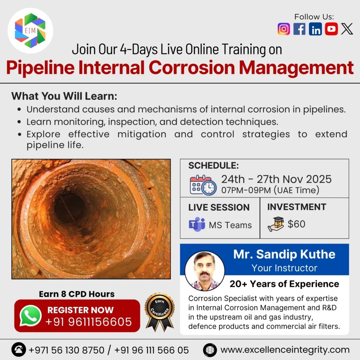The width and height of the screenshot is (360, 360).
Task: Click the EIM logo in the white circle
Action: click(x=30, y=31)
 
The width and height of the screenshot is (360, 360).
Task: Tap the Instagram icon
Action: click(x=284, y=29)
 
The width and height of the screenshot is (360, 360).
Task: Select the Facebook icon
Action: click(x=300, y=29)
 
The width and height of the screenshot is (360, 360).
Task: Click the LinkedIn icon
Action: click(x=315, y=29)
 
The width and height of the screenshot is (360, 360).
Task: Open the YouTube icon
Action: click(x=331, y=29)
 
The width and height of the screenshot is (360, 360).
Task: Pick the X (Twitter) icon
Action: click(x=347, y=29)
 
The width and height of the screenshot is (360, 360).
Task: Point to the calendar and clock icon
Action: click(x=203, y=185)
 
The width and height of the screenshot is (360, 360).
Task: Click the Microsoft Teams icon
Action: click(x=197, y=224)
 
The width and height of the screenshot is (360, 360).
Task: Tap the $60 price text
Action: click(x=296, y=224)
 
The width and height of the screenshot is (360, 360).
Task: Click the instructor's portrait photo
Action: click(x=204, y=271)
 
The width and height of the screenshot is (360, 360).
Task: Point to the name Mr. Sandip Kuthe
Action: click(x=284, y=254)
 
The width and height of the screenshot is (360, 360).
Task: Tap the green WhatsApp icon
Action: click(x=31, y=316)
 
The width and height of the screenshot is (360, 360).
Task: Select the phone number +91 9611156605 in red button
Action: click(x=89, y=321)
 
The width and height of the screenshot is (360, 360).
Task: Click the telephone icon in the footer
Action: click(x=18, y=350)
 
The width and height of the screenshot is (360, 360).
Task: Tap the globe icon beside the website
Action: click(x=210, y=350)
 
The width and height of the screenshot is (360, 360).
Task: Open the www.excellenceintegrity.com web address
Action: click(x=285, y=350)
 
